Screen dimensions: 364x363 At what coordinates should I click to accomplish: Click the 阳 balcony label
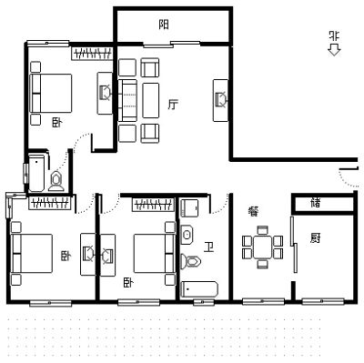click(164, 25)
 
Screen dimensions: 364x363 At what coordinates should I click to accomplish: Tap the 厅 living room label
click(173, 105)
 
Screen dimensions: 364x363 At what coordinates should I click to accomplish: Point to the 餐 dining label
click(253, 211)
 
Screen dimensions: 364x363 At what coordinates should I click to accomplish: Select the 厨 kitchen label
click(315, 238)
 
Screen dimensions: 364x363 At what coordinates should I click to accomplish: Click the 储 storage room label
click(316, 203)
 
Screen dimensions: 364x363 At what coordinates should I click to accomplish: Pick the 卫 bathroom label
click(209, 247)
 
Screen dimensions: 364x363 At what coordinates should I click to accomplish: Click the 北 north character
click(334, 36)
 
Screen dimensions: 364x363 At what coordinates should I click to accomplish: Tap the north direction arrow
click(334, 50)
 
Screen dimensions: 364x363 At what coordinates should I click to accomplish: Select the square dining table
click(263, 247)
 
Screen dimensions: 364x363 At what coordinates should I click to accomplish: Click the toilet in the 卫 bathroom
click(191, 261)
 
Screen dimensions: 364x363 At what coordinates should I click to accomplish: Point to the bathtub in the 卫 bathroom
click(199, 289)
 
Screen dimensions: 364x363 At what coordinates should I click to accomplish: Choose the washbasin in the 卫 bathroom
click(187, 235)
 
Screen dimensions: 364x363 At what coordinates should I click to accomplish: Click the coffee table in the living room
click(150, 100)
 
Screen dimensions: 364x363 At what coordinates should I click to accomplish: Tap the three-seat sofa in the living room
click(127, 100)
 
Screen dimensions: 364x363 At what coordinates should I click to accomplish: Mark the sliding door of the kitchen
click(294, 245)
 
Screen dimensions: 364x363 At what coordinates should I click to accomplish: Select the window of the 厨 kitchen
click(323, 301)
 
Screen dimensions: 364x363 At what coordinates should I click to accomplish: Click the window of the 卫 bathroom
click(204, 302)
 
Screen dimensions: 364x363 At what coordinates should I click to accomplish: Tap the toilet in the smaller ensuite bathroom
click(56, 181)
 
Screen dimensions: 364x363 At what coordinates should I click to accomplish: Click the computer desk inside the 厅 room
click(220, 100)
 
